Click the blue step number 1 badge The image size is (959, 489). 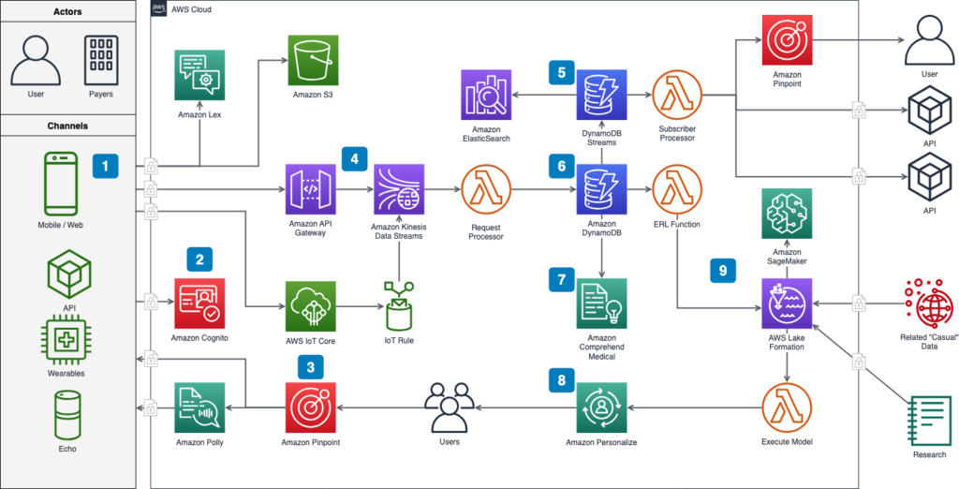(x=106, y=166)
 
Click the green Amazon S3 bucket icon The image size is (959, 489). (x=313, y=62)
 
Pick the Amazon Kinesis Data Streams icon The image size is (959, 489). (x=399, y=191)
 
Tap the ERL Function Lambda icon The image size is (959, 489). (x=680, y=191)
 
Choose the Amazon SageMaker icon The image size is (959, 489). (x=786, y=213)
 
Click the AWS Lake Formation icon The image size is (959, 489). (x=786, y=304)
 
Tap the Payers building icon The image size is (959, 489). (x=100, y=62)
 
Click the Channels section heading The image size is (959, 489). (x=68, y=125)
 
